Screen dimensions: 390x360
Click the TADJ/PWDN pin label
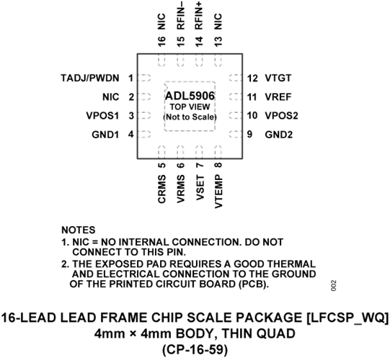click(x=90, y=78)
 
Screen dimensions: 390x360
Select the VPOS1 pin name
click(x=102, y=116)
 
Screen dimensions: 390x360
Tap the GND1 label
click(x=105, y=135)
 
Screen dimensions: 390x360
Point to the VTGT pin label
click(x=278, y=78)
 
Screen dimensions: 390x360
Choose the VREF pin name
click(x=278, y=97)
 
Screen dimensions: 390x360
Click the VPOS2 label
click(x=282, y=116)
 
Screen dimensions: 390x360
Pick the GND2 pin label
click(x=279, y=135)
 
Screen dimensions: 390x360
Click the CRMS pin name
click(x=161, y=189)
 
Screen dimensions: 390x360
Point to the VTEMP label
click(x=218, y=192)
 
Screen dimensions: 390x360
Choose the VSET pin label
click(x=200, y=188)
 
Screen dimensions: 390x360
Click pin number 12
click(x=252, y=78)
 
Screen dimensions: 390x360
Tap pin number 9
click(x=249, y=135)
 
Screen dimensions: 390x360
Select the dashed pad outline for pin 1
click(x=144, y=78)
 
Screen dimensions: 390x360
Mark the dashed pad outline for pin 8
click(x=218, y=152)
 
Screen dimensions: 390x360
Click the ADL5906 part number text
click(x=190, y=96)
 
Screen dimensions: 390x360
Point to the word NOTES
click(x=79, y=230)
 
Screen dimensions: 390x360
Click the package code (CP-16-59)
click(x=195, y=350)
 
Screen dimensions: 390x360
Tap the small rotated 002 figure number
click(x=334, y=286)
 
